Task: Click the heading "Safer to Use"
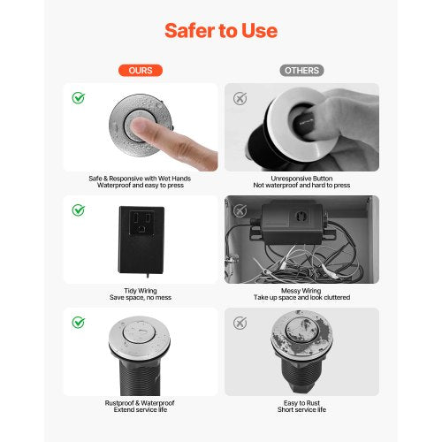pos(221,30)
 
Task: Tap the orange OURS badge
pos(141,70)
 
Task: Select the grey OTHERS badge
pos(301,70)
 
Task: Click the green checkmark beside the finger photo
pos(78,98)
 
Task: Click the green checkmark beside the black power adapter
pos(78,210)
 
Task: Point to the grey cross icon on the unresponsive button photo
pos(240,98)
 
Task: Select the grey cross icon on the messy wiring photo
pos(240,210)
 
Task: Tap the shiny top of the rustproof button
pos(140,341)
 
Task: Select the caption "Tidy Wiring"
pos(140,290)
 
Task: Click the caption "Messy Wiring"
pos(301,290)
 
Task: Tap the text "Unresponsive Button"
pos(301,178)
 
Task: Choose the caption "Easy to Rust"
pos(301,402)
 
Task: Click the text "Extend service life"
pos(140,409)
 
